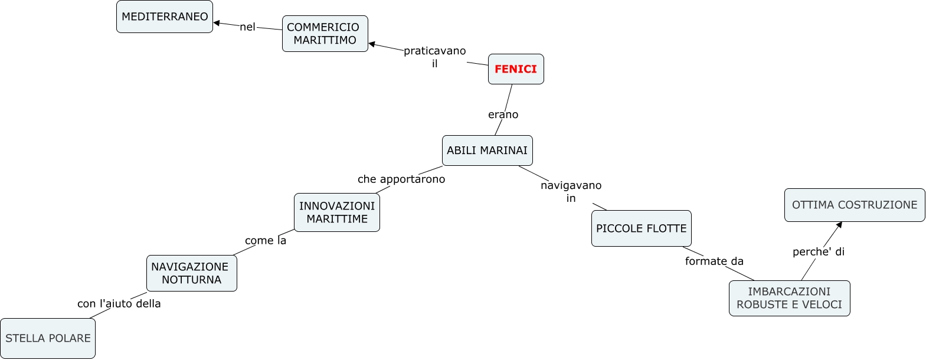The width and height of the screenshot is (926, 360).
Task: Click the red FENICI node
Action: coord(516,69)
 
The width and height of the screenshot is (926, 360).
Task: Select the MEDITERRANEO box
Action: coord(165,17)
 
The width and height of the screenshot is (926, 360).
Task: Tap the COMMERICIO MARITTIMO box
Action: coord(325,34)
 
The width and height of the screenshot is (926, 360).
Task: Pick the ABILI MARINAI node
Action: coord(487,150)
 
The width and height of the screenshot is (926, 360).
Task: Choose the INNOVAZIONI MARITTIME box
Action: coord(336,212)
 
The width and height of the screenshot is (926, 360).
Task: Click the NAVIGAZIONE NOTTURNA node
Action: coord(191,273)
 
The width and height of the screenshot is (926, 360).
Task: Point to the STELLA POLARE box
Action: coord(48,338)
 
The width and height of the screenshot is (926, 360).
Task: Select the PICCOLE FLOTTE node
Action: coord(641,228)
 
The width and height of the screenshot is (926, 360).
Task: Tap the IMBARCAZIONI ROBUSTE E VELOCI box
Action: coord(789,298)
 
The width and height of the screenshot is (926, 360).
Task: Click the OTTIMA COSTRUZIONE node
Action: coord(854,205)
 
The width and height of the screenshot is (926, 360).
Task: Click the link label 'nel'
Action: coord(247,27)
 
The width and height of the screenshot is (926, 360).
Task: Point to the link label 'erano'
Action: coord(503,114)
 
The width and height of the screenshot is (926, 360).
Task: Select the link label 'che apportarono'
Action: coord(401,179)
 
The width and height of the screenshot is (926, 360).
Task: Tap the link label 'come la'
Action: coord(266,240)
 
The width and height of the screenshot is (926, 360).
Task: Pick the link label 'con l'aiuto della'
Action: coord(119,303)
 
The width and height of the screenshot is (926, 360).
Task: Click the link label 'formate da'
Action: coord(714,261)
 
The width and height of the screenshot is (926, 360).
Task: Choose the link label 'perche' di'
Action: coord(818,251)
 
